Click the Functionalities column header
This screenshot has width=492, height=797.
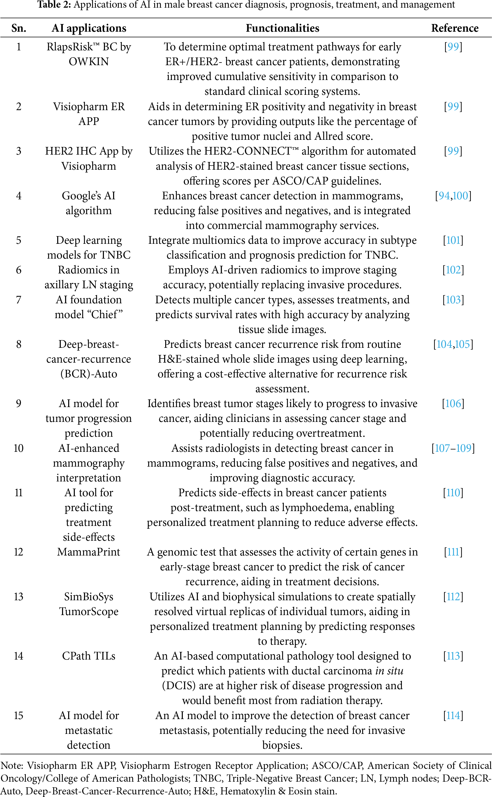282,28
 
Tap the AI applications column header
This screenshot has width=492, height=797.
89,28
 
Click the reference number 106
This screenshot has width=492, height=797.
453,403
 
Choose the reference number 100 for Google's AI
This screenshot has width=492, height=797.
460,196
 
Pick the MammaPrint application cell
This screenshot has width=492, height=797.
89,552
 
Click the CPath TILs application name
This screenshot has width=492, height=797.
89,656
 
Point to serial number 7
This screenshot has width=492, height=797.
19,299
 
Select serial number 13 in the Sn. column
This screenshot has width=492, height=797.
19,596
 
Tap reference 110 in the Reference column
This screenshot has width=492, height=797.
453,493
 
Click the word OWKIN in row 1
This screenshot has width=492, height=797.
89,62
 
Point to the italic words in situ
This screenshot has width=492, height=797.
389,671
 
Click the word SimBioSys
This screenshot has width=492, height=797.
89,596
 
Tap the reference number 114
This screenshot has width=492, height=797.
453,715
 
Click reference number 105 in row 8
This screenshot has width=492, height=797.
462,344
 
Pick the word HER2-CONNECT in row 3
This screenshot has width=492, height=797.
247,151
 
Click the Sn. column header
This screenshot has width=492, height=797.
19,28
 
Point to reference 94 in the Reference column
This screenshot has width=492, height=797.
444,196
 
